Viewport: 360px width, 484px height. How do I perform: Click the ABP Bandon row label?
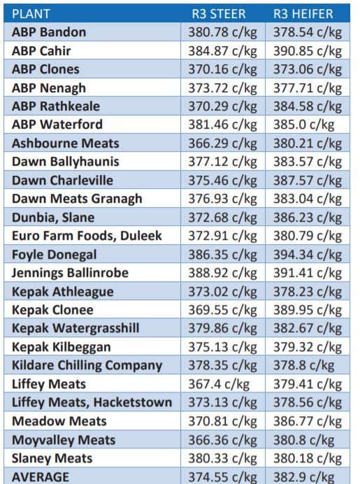click(49, 32)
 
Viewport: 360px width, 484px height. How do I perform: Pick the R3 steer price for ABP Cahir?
click(223, 51)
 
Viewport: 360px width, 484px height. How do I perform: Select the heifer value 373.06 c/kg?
click(307, 69)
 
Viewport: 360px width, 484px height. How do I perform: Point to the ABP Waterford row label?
click(57, 124)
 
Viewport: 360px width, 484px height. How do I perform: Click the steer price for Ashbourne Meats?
click(223, 143)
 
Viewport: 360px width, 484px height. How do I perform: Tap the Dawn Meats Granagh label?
click(77, 199)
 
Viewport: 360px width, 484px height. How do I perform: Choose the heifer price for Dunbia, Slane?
click(307, 218)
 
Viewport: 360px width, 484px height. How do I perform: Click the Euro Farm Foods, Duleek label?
click(87, 236)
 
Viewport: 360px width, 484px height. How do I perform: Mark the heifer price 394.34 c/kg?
click(307, 255)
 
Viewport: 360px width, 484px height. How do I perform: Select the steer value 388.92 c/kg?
click(223, 273)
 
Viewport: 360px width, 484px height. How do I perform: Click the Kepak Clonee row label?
click(52, 310)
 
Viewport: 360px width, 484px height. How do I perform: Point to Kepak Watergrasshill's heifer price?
click(307, 329)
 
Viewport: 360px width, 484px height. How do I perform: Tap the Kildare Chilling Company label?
click(87, 365)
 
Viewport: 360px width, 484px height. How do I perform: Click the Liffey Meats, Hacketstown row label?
click(92, 402)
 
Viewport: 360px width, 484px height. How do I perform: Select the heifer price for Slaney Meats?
click(307, 458)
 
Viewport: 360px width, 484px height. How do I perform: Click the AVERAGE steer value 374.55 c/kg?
click(223, 476)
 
